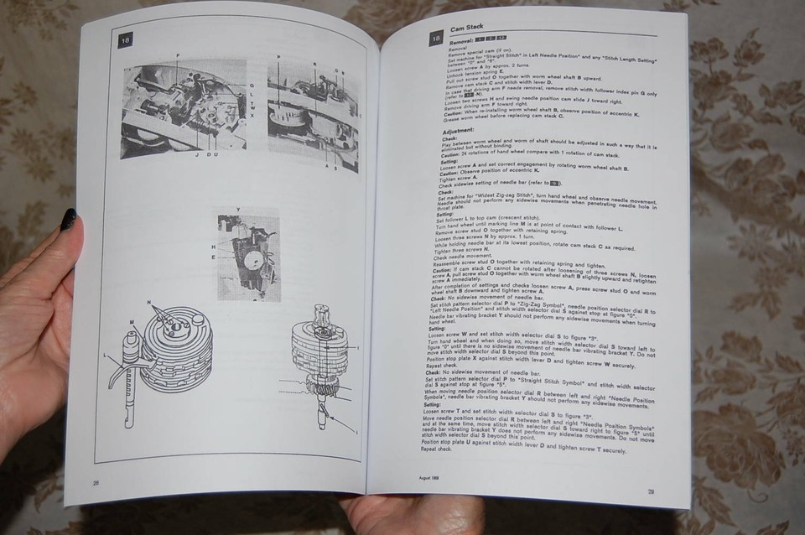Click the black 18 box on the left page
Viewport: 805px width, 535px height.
click(x=125, y=39)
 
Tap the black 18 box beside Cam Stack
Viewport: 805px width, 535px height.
click(x=436, y=38)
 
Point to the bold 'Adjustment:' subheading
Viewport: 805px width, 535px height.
click(x=458, y=131)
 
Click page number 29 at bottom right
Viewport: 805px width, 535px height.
click(x=651, y=492)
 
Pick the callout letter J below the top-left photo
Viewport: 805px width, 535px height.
click(x=195, y=153)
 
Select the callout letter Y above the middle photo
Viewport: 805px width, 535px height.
click(x=238, y=208)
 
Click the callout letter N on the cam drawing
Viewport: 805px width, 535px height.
click(x=148, y=301)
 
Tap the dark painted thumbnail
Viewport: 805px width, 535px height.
click(x=68, y=220)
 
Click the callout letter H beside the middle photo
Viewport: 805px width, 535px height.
click(x=213, y=247)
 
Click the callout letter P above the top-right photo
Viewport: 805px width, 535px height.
click(x=278, y=55)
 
